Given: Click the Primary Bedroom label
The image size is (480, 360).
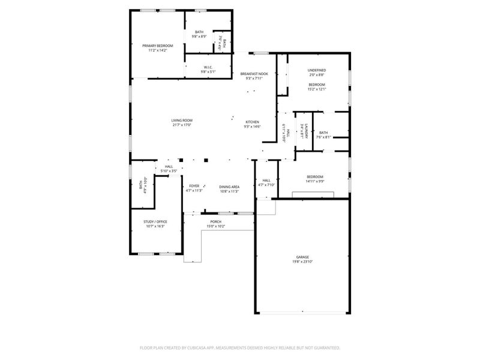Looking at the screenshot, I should coord(157,46).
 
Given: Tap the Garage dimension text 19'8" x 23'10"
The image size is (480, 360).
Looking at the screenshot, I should coord(302,262).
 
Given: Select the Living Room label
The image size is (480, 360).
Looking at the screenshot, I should coord(181,121).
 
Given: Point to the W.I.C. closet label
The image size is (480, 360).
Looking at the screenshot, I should coord(208,67).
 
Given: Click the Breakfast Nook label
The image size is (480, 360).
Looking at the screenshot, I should coord(254,74).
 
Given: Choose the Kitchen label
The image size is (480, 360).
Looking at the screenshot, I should coord(251,122).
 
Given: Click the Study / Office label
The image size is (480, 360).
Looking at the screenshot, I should coord(155,222).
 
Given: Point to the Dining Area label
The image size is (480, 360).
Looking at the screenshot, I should coord(229,187).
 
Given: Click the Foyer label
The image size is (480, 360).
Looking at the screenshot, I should coord(194,187).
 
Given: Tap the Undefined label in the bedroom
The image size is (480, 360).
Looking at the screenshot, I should coord(317,70).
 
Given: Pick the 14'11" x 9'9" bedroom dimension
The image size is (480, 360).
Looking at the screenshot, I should coord(316,181).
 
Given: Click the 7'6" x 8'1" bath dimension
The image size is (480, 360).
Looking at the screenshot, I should coord(323,137).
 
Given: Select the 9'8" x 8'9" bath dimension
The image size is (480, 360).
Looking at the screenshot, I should coord(199,36).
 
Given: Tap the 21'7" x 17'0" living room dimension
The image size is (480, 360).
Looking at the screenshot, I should coord(181,125).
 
